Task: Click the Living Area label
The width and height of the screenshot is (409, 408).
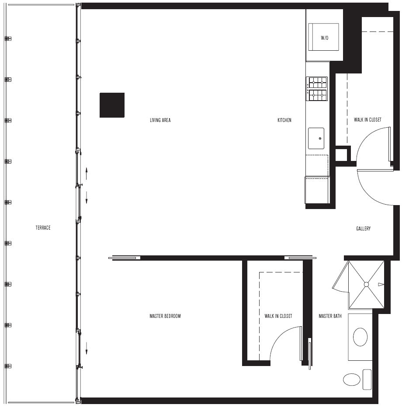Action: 160,120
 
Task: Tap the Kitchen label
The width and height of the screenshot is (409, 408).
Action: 284,120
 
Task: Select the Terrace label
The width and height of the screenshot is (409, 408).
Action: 43,228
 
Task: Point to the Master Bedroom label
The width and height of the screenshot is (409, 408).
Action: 165,316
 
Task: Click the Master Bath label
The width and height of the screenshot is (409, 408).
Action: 330,316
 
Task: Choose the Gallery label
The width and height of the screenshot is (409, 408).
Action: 364,229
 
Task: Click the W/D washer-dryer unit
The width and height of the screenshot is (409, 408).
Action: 324,37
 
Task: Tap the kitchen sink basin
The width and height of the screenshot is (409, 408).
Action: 316,138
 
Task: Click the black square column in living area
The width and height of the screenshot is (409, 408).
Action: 112,105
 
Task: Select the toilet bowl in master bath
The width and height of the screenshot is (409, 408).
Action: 352,380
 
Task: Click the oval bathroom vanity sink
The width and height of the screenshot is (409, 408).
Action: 360,337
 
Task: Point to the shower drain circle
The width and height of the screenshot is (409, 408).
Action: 366,284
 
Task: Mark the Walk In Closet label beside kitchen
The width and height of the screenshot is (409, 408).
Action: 367,119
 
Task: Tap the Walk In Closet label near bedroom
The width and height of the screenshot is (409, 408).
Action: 278,316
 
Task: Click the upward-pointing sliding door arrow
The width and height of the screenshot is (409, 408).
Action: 87,174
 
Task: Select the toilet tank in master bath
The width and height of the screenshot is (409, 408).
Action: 367,380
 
